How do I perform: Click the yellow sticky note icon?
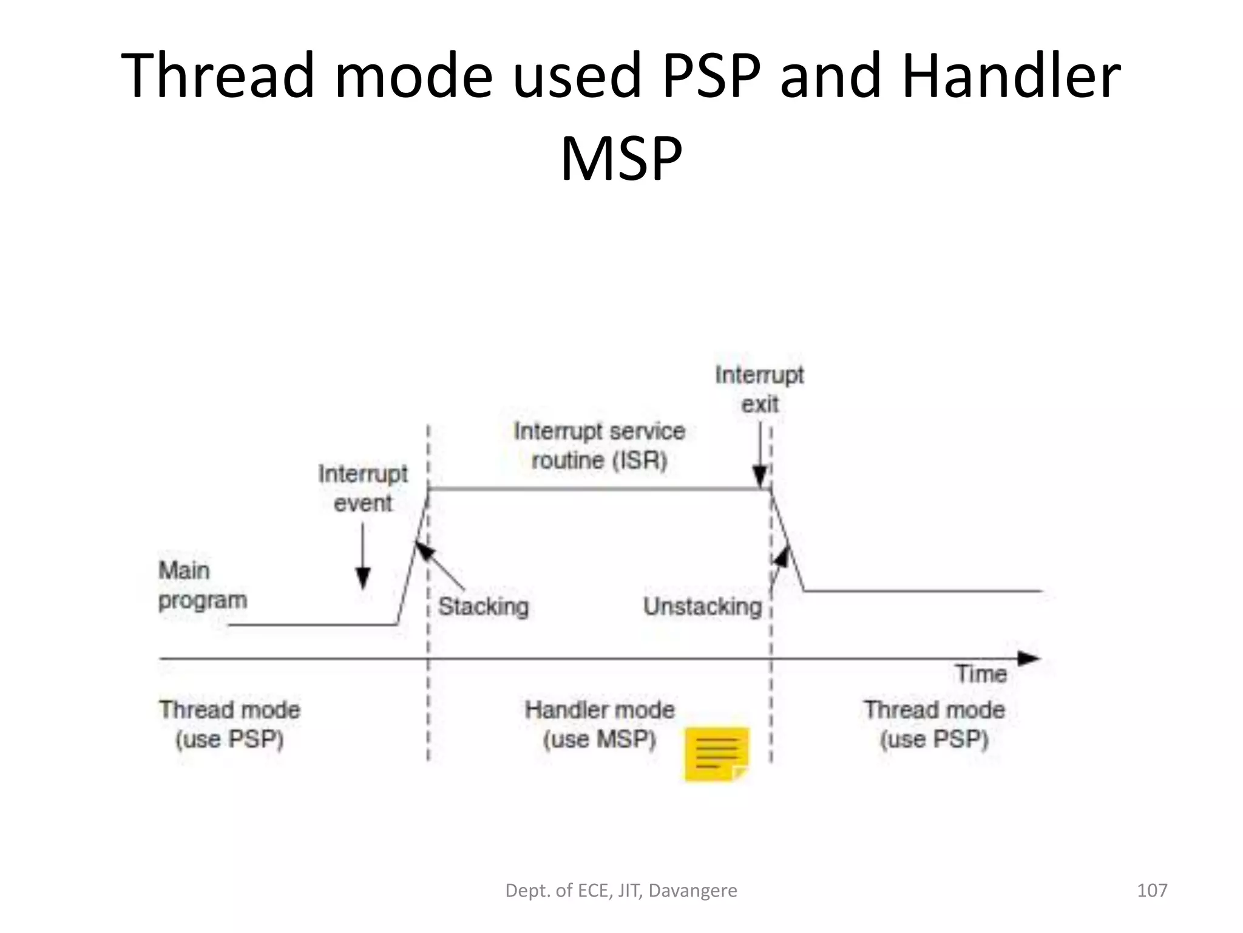[x=717, y=754]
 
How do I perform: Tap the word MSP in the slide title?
[x=621, y=159]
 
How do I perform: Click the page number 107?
[x=1151, y=890]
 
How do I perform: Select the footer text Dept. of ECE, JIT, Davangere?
[x=621, y=890]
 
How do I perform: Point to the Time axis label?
[x=981, y=674]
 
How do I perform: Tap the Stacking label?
[x=483, y=607]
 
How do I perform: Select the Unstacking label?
[x=702, y=607]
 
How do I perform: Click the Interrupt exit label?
[x=759, y=389]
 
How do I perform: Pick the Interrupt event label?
[x=363, y=488]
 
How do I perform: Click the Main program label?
[x=202, y=586]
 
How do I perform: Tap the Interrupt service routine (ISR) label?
[x=599, y=445]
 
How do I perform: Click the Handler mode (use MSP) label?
[x=599, y=725]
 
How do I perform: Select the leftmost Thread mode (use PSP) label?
[x=229, y=725]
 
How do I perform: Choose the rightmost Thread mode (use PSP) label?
[x=934, y=725]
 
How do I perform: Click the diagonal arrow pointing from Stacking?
[x=439, y=566]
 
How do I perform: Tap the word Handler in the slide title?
[x=1011, y=76]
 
